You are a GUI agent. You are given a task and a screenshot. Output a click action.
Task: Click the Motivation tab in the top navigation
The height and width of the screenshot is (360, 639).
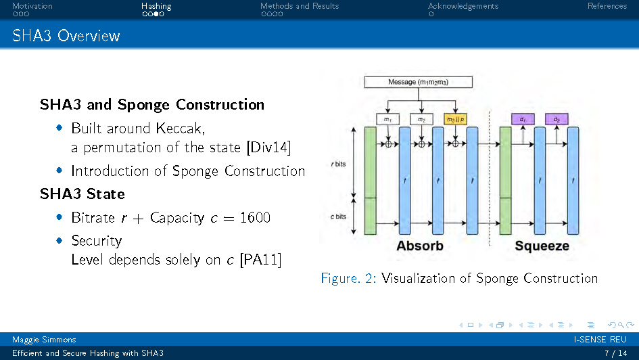coord(32,6)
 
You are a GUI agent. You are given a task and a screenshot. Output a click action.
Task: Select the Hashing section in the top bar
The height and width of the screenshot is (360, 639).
coord(156,6)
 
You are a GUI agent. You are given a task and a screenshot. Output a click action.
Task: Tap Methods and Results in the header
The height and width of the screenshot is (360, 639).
coord(300,6)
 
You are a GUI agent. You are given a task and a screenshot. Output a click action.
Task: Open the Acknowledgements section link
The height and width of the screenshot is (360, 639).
coord(463,6)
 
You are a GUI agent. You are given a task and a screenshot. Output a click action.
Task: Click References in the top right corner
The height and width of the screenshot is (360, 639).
coord(607,6)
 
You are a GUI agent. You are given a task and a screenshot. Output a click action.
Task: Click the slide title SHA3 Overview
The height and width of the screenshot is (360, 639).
coord(66,36)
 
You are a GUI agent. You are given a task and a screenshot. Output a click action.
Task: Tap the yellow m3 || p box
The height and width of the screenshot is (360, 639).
coord(455,119)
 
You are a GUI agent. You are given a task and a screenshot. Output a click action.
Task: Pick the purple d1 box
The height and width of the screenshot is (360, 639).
coord(523,119)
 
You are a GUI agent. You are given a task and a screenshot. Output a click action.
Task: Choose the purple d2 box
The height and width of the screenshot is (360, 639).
coord(557,119)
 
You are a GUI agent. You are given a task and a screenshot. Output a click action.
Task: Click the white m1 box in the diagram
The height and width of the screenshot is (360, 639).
coord(387,119)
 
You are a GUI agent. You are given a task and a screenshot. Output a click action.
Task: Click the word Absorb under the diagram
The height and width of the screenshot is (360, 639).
coord(420,246)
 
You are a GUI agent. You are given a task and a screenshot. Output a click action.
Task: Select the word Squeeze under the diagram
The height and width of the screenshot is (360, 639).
coord(542,246)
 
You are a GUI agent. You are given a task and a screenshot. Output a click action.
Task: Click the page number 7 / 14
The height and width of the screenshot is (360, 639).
coord(615,353)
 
